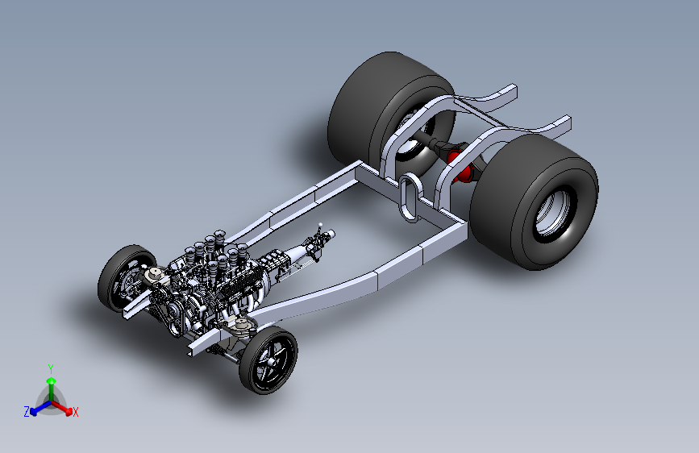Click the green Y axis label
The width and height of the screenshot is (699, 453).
[51, 368]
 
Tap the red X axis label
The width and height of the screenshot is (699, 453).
[75, 412]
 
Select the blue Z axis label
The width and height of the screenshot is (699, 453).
[27, 412]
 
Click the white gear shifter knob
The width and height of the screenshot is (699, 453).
[320, 225]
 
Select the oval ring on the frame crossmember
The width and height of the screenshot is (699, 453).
[409, 197]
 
